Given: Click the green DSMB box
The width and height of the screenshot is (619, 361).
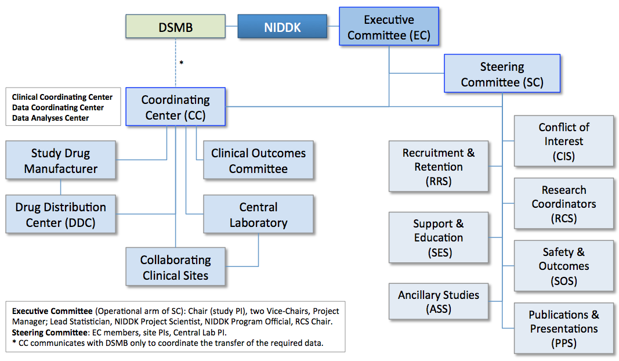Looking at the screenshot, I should click(x=176, y=27).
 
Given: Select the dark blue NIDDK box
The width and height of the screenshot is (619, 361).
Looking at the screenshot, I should click(x=282, y=27).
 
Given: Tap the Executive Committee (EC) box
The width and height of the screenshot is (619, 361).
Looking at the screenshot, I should click(x=389, y=27).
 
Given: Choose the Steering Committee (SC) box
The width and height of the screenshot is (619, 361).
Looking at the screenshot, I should click(x=502, y=74).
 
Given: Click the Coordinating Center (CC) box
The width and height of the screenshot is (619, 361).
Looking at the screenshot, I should click(x=175, y=107).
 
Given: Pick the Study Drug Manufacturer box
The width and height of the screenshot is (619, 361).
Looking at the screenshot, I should click(x=61, y=161).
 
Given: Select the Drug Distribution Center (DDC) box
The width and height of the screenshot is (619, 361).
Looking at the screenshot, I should click(x=61, y=215).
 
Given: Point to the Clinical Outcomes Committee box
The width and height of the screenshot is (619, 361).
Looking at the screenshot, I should click(x=258, y=161).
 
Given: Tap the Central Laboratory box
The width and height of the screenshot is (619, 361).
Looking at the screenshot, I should click(x=258, y=215).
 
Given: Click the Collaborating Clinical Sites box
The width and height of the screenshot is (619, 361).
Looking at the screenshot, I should click(x=175, y=267).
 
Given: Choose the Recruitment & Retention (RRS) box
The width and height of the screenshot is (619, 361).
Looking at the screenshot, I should click(x=439, y=167).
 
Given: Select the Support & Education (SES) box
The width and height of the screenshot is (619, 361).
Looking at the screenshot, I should click(x=439, y=238).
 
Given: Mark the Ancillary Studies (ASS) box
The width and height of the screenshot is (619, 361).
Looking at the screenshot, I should click(x=439, y=301).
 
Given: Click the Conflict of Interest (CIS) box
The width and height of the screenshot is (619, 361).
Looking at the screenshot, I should click(x=564, y=141).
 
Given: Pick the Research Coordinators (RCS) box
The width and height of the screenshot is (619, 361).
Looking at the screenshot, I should click(x=564, y=204).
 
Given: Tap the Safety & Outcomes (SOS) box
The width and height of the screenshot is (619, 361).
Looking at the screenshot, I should click(x=564, y=266).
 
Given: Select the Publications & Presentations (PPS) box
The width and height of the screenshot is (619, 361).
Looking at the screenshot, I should click(x=564, y=328).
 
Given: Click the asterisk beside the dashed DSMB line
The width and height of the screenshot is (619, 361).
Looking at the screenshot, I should click(x=182, y=62).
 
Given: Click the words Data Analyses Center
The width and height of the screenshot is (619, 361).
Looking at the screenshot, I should click(x=50, y=118).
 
